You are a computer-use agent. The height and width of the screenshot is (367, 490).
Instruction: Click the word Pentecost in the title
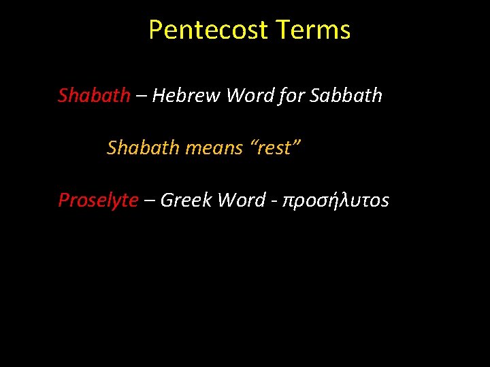click(210, 31)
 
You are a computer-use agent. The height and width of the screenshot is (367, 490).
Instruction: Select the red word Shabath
click(94, 96)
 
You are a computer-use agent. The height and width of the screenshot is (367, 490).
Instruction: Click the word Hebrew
click(186, 96)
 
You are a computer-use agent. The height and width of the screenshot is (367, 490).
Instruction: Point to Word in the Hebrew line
click(250, 96)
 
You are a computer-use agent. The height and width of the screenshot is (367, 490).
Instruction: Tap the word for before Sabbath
click(291, 96)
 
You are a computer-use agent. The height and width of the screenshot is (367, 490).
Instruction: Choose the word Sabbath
click(346, 96)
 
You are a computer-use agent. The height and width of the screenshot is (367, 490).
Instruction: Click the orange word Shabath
click(143, 147)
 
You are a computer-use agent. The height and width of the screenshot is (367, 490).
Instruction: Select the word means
click(217, 147)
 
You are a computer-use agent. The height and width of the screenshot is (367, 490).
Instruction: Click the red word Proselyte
click(98, 200)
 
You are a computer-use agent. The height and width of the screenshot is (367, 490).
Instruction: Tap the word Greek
click(186, 200)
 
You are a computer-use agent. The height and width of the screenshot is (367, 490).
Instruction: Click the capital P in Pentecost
click(155, 31)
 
